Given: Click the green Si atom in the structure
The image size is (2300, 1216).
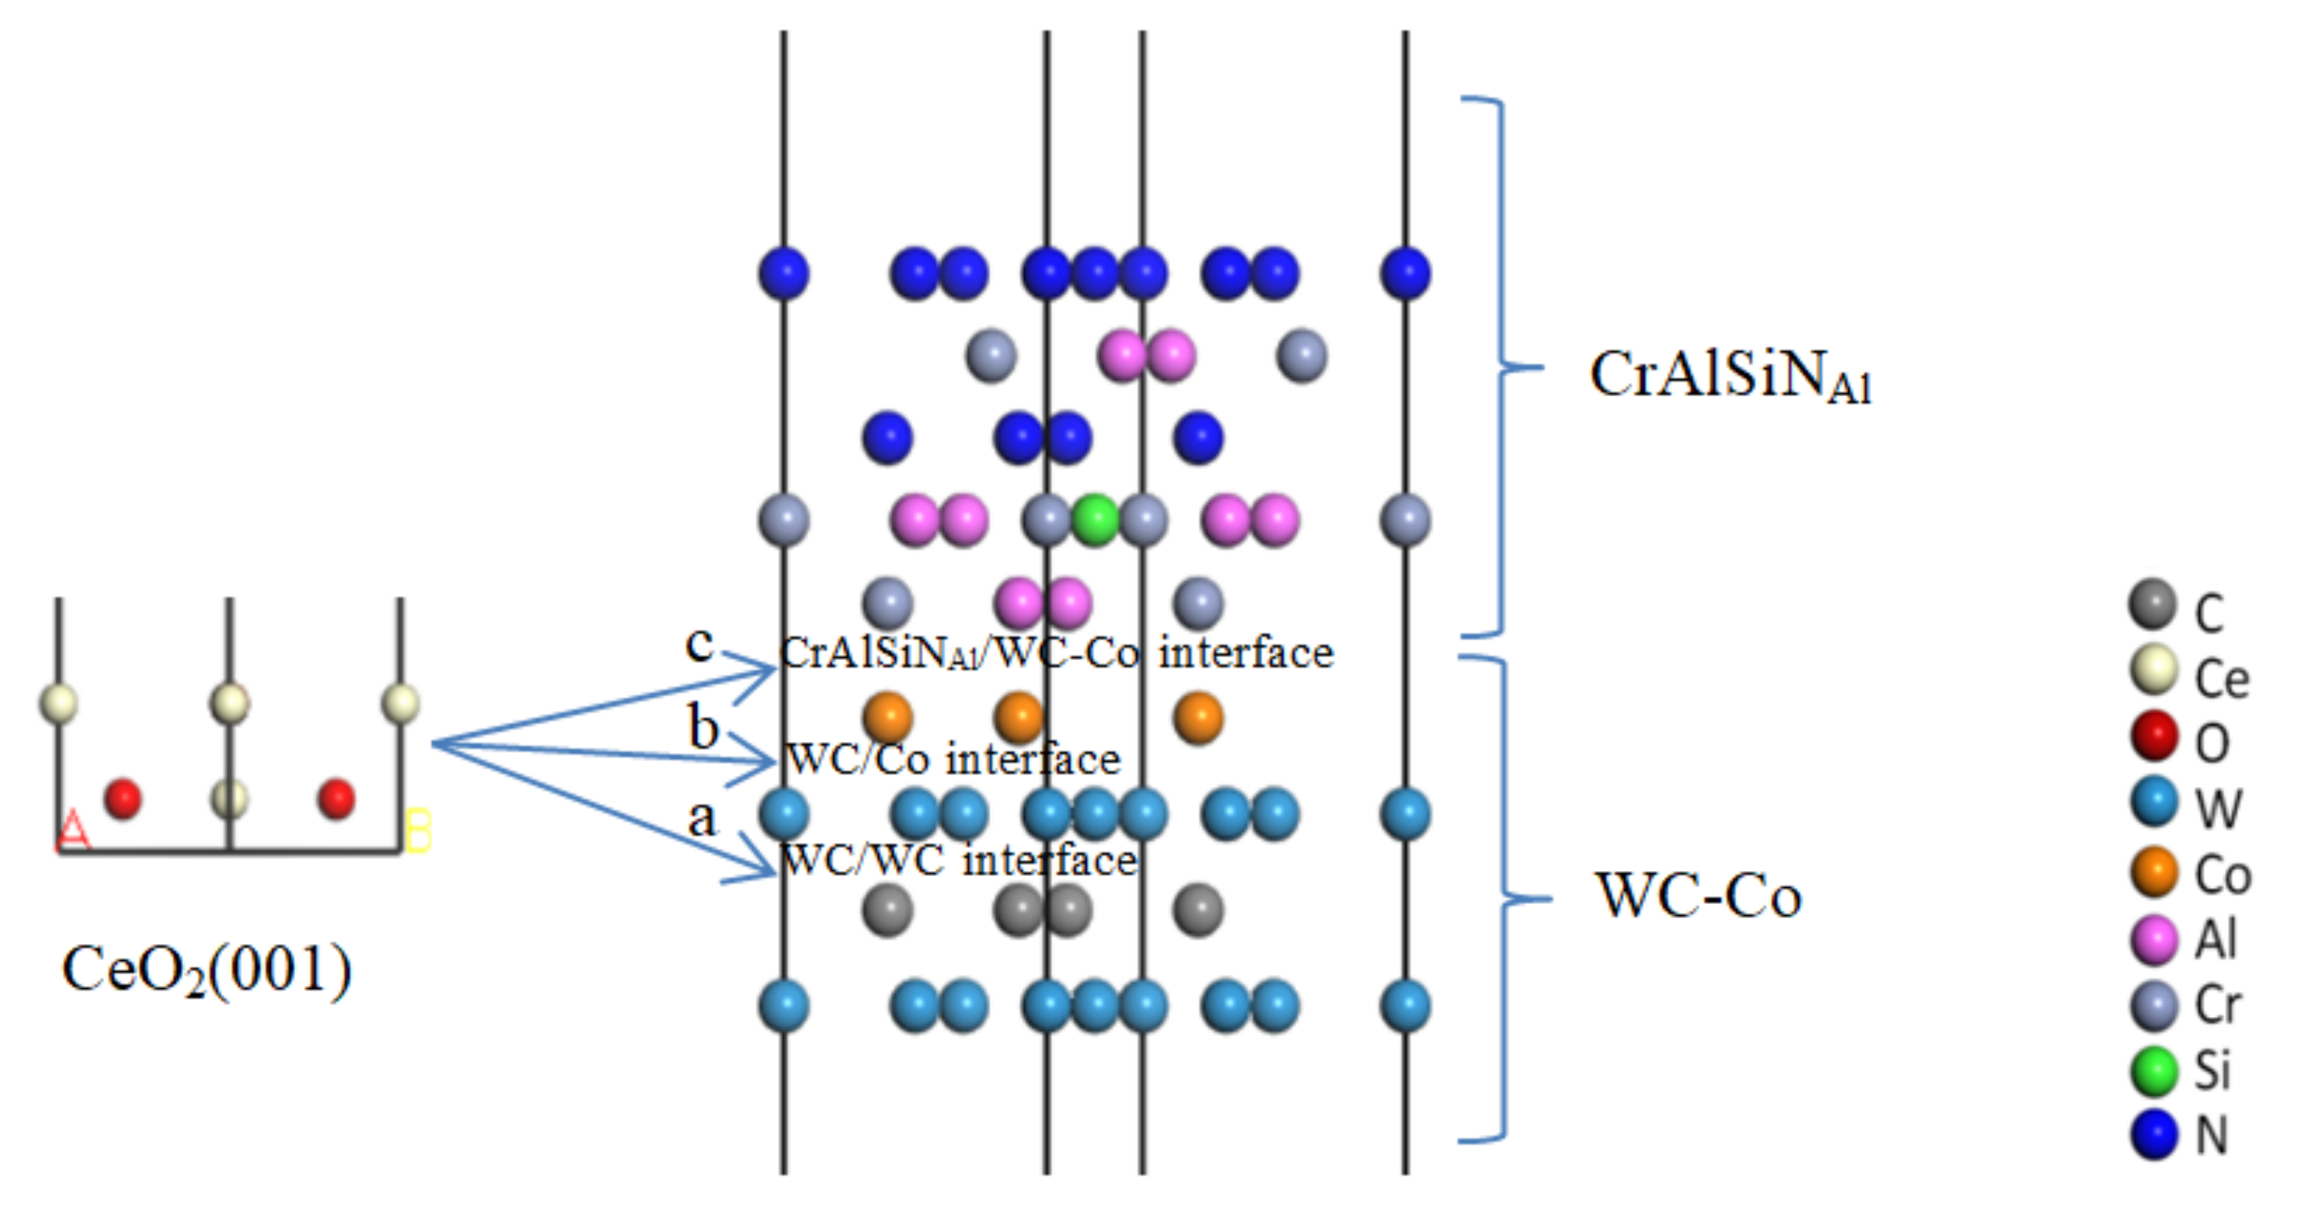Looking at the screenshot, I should pyautogui.click(x=1095, y=520).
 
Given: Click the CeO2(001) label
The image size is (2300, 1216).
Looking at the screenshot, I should pyautogui.click(x=207, y=971).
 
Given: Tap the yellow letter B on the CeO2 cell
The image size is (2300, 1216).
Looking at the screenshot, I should pyautogui.click(x=418, y=830).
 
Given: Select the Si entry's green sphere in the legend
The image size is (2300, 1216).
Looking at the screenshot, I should pyautogui.click(x=2153, y=1072).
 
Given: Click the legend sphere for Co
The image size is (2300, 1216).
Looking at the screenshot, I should pyautogui.click(x=2153, y=873).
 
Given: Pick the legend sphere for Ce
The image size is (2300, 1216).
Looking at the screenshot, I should pyautogui.click(x=2153, y=671).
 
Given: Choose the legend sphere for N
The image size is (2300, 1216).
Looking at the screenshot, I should pyautogui.click(x=2153, y=1135).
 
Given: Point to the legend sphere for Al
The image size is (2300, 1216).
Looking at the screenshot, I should pyautogui.click(x=2153, y=939).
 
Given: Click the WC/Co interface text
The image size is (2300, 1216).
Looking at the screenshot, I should pyautogui.click(x=953, y=760).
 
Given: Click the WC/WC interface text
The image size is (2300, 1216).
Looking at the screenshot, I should pyautogui.click(x=958, y=861).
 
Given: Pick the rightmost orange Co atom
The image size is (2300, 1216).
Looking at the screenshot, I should pyautogui.click(x=1197, y=718).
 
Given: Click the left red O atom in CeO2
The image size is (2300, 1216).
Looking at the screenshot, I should pyautogui.click(x=124, y=798).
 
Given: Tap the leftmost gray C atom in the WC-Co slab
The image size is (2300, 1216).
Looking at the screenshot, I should pyautogui.click(x=888, y=910).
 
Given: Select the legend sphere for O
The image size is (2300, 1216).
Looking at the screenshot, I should pyautogui.click(x=2153, y=736).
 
